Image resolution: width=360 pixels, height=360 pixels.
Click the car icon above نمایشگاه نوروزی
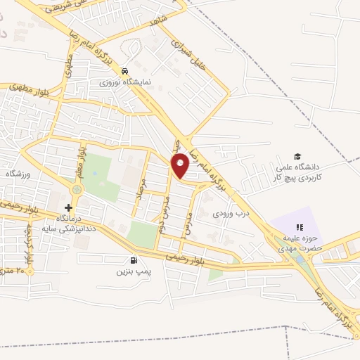click(124, 71)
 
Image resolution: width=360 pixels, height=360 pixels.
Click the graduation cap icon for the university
click(297, 156)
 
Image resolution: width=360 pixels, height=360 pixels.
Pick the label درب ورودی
click(233, 212)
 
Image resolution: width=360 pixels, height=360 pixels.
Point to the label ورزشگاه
click(14, 172)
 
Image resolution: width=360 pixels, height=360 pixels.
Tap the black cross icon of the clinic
click(68, 208)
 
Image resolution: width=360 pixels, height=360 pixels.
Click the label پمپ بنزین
click(134, 270)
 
